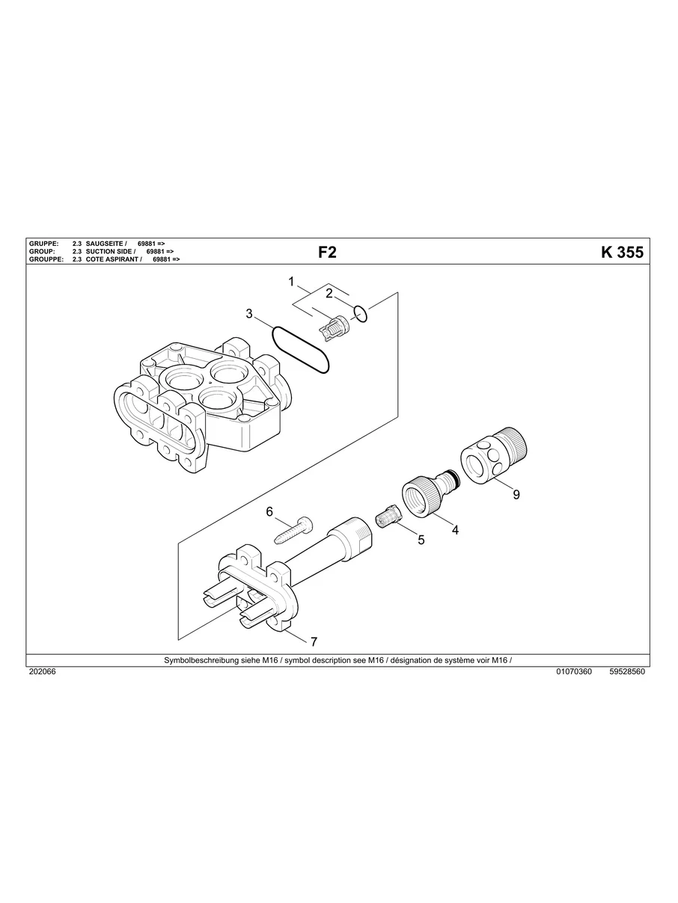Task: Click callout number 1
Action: (x=291, y=282)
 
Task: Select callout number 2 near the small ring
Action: (x=329, y=293)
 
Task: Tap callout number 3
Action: (x=249, y=314)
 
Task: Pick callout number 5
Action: (x=421, y=540)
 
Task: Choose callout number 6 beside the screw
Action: (x=270, y=511)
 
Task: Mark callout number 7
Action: (x=314, y=641)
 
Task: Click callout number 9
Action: (x=516, y=494)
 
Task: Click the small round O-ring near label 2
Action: (x=361, y=314)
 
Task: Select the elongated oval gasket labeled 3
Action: (x=300, y=349)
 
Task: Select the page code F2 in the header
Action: (x=327, y=253)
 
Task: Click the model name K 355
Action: (x=621, y=253)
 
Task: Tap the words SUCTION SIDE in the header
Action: (x=109, y=251)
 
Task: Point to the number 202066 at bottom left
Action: (x=42, y=671)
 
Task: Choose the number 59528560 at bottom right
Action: (x=627, y=671)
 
